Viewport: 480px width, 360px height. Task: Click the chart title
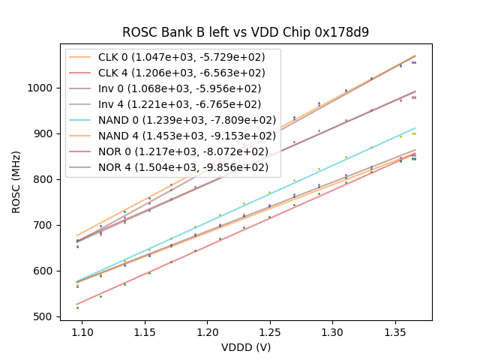coord(246,32)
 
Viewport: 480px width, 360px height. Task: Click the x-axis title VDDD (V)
coord(246,348)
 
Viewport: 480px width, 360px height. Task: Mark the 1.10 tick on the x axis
coord(82,331)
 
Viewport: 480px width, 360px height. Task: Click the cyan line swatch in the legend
coord(80,120)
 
